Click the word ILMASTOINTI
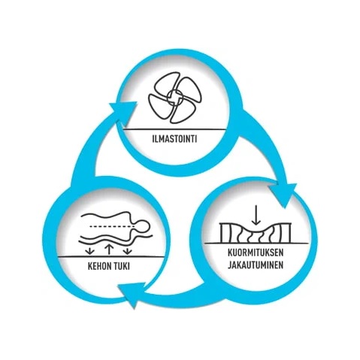[x=174, y=139]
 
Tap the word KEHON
[x=99, y=266]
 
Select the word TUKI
[x=122, y=266]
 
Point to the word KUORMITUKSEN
[x=256, y=253]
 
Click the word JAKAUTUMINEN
[x=256, y=265]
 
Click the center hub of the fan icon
[x=174, y=98]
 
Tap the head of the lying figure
[x=142, y=228]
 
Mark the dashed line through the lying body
[x=112, y=226]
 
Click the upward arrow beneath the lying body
[x=108, y=250]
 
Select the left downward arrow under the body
[x=89, y=251]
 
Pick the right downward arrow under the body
[x=128, y=251]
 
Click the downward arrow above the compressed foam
[x=256, y=215]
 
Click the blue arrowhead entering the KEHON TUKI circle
[x=132, y=295]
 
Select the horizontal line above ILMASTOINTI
[x=174, y=129]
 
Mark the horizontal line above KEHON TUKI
[x=111, y=256]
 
